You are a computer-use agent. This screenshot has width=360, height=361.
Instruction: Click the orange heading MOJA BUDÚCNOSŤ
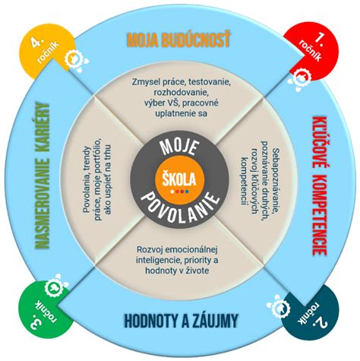pyautogui.click(x=179, y=40)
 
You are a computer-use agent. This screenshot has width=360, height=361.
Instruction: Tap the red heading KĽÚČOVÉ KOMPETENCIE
pyautogui.click(x=317, y=185)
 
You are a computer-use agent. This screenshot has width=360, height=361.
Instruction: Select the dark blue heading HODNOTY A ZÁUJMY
pyautogui.click(x=181, y=321)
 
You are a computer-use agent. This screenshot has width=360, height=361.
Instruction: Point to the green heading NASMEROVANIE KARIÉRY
pyautogui.click(x=43, y=176)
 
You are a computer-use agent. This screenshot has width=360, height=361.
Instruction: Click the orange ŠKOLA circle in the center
pyautogui.click(x=179, y=179)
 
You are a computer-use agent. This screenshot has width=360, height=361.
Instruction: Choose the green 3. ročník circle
pyautogui.click(x=45, y=309)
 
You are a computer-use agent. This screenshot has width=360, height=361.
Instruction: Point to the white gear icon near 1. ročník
pyautogui.click(x=301, y=78)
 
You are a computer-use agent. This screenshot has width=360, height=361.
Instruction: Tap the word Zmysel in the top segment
pyautogui.click(x=145, y=83)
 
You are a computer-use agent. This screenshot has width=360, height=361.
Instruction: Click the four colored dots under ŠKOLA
pyautogui.click(x=179, y=192)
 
